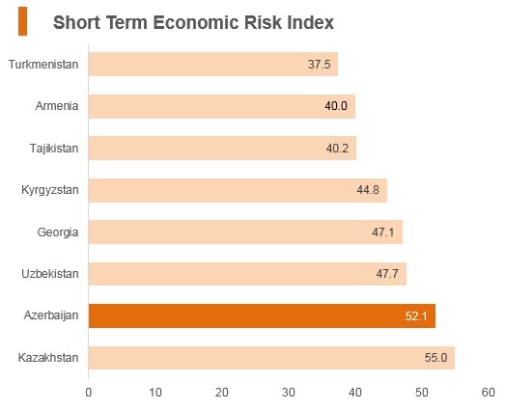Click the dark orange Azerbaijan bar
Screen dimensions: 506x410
click(262, 315)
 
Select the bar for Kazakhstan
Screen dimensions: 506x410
click(271, 358)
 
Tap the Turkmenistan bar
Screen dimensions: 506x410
click(213, 64)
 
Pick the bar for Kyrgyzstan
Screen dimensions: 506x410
click(238, 190)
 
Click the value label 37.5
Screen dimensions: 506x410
click(320, 64)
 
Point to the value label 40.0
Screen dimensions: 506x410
click(336, 106)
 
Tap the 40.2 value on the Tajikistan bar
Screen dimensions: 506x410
click(337, 149)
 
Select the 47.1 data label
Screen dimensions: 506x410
click(383, 232)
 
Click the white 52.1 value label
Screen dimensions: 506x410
click(416, 316)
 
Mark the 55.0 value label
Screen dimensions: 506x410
click(436, 358)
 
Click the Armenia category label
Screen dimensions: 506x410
click(57, 106)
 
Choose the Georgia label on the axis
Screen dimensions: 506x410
click(58, 232)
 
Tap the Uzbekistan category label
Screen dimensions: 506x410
click(50, 274)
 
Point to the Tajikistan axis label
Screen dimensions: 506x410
click(54, 149)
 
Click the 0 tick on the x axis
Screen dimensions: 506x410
click(89, 393)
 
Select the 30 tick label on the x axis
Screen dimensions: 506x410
click(288, 393)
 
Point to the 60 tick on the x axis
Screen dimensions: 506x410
click(488, 393)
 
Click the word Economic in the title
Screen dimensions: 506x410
click(196, 22)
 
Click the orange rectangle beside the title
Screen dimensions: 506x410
click(22, 21)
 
